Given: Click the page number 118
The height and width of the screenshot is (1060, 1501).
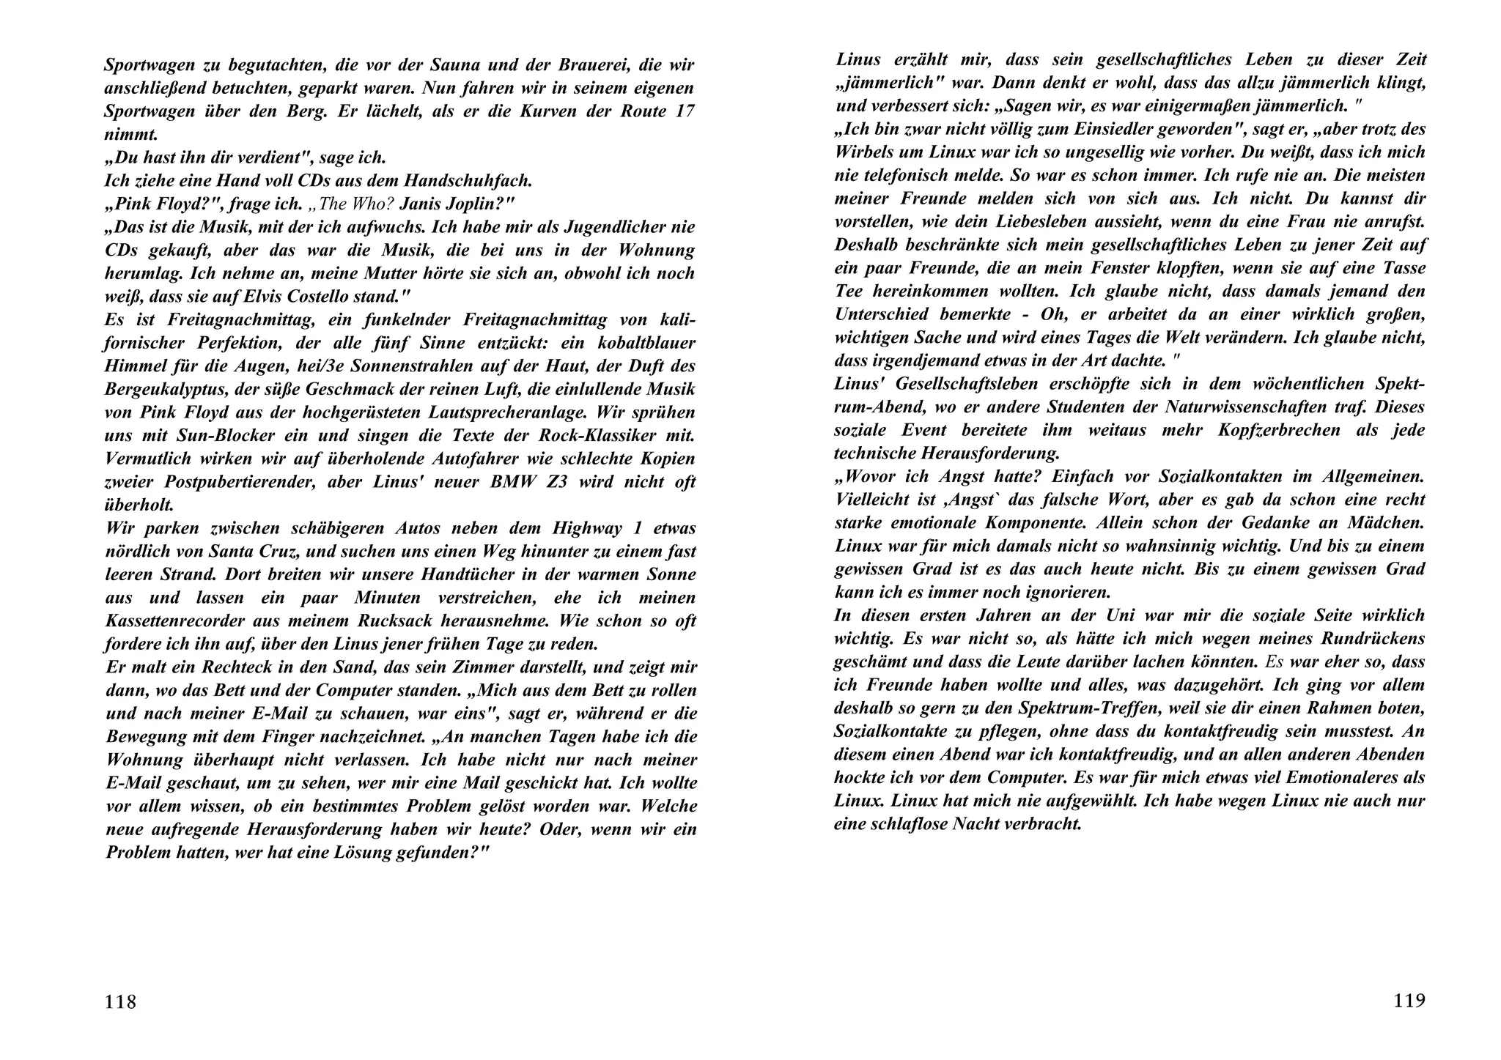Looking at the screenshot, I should [x=120, y=1001].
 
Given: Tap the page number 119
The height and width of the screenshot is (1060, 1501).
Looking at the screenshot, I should [x=1409, y=1000].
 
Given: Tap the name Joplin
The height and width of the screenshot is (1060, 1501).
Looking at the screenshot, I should [x=473, y=204].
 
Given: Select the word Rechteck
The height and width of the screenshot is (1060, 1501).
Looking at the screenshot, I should [x=234, y=667].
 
